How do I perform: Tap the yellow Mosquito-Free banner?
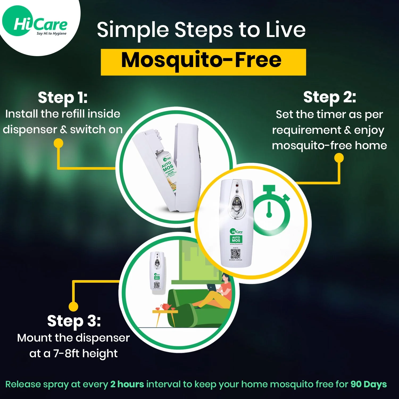(x=203, y=62)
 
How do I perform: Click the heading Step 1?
(x=63, y=98)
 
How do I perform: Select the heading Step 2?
(x=330, y=97)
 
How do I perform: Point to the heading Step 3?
(x=74, y=321)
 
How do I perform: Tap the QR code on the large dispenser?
(x=235, y=253)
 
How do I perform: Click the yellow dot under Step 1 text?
(x=59, y=143)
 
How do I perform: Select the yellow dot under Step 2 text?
(x=339, y=158)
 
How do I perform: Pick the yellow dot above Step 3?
(x=73, y=306)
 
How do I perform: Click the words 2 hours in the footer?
(x=127, y=384)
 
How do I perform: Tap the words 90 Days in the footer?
(x=368, y=384)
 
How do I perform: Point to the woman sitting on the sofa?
(x=218, y=293)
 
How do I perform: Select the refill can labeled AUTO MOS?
(x=168, y=170)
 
